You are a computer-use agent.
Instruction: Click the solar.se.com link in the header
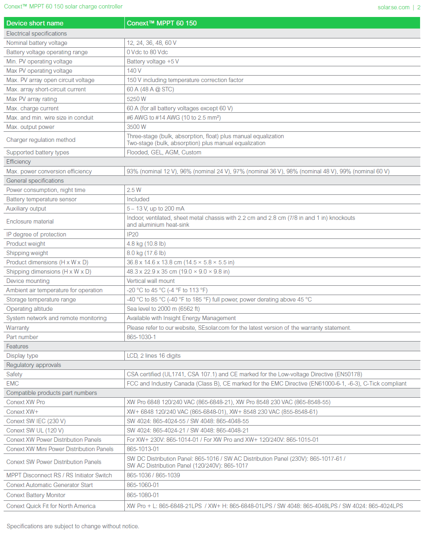[x=393, y=7]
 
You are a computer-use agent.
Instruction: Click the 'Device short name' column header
[x=35, y=23]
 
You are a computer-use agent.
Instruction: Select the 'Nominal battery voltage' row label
[x=37, y=43]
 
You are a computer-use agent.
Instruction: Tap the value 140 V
[x=134, y=71]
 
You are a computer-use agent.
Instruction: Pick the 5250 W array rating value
[x=137, y=99]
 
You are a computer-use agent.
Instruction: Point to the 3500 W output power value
[x=137, y=127]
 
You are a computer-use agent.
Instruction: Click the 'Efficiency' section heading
[x=19, y=162]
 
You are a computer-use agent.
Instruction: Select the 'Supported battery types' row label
[x=38, y=152]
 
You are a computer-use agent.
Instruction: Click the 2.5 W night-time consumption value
[x=134, y=190]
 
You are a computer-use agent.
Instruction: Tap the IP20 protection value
[x=132, y=234]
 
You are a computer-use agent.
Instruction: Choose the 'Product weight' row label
[x=26, y=244]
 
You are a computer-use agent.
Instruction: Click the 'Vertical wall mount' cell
[x=151, y=281]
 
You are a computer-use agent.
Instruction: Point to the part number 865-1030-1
[x=141, y=337]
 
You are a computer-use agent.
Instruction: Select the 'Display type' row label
[x=22, y=356]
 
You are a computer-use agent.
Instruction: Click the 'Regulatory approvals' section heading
[x=34, y=365]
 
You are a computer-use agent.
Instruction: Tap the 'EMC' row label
[x=13, y=384]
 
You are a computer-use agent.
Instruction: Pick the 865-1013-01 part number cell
[x=143, y=449]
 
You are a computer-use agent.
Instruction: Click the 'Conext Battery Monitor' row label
[x=36, y=495]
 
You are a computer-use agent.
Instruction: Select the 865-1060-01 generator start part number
[x=143, y=485]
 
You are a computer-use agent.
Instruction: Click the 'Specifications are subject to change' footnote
[x=73, y=526]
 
